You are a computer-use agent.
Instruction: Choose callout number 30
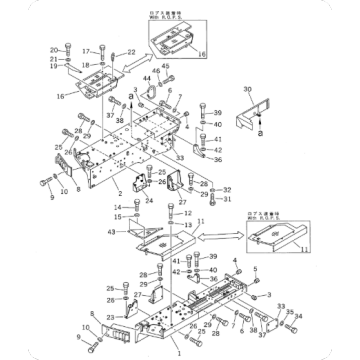(x=246, y=91)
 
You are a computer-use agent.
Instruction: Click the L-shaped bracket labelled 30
(x=258, y=112)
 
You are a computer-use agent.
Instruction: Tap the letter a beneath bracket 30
(x=259, y=133)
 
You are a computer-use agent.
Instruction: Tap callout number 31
(x=228, y=198)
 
